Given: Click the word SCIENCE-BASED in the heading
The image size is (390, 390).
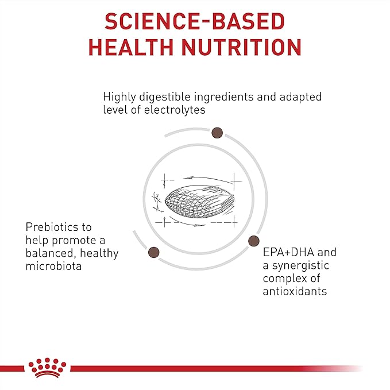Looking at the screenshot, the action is [195, 21].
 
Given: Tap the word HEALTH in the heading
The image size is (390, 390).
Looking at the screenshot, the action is [131, 47].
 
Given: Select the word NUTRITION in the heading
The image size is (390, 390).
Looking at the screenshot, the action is [242, 47].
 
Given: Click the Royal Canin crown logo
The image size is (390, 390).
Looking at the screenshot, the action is [47, 368].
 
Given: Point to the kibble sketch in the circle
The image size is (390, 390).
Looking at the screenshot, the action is [199, 201].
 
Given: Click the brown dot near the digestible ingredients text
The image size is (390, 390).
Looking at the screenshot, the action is [217, 133].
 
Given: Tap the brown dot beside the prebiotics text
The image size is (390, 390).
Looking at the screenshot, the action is [154, 252].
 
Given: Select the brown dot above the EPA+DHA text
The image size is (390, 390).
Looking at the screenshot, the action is [254, 241].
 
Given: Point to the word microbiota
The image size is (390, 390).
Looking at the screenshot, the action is [54, 266].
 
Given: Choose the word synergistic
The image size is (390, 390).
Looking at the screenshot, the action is [300, 265].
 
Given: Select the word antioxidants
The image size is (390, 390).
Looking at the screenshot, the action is [295, 291].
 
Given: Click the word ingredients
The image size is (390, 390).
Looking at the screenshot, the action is [223, 96].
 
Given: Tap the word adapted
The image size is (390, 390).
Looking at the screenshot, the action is [300, 96].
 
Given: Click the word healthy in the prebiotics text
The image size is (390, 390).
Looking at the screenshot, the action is [99, 253].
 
